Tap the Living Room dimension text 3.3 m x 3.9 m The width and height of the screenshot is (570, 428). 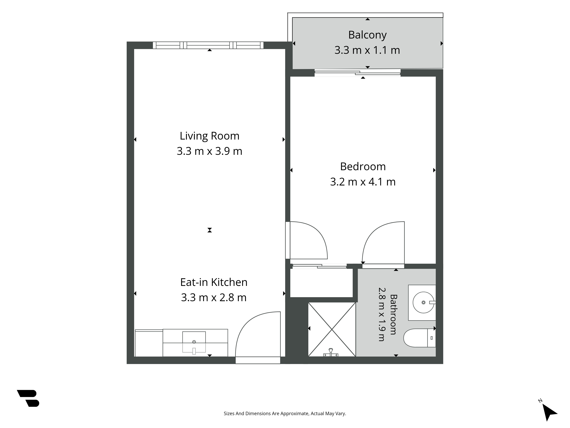click(209, 151)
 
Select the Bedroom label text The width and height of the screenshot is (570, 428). click(363, 167)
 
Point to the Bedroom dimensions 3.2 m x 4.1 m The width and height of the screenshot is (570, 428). click(363, 182)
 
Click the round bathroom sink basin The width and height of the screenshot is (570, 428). click(423, 302)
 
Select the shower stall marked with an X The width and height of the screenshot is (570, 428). click(332, 329)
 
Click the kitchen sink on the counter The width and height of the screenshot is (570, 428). click(194, 342)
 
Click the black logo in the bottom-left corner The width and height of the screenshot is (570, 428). click(28, 398)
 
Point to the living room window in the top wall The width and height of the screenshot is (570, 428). click(208, 45)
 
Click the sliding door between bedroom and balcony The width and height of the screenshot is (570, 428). click(357, 73)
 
